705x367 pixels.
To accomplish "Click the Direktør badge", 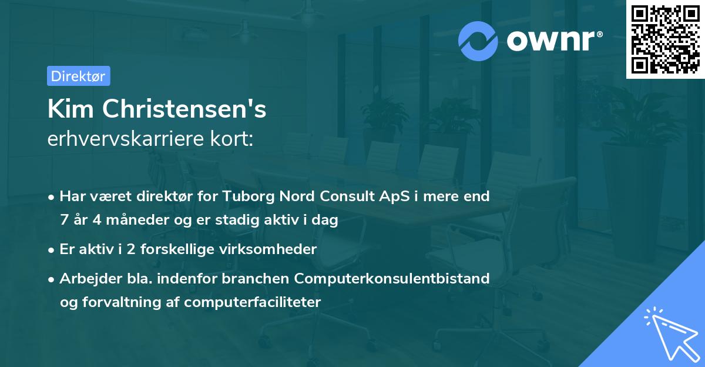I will coord(78,76).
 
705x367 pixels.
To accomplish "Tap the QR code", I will coord(666,39).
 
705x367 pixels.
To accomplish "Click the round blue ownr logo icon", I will coord(478,41).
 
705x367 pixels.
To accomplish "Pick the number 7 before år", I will coord(63,220).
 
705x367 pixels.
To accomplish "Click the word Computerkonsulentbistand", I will coord(392,278).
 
